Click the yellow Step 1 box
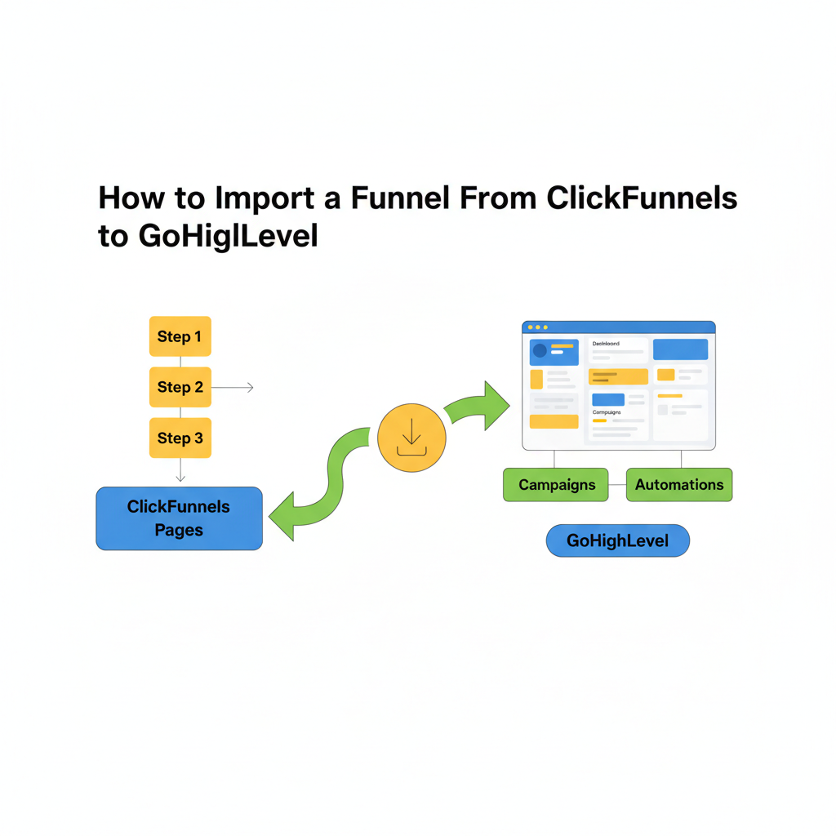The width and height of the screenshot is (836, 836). coord(180,336)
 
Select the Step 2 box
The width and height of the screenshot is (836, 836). coord(180,387)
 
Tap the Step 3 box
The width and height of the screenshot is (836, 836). coord(180,438)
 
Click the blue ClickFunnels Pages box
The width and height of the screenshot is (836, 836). coord(180,518)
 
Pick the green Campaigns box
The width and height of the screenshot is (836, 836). coord(555,485)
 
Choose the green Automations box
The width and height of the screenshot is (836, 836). coord(679,485)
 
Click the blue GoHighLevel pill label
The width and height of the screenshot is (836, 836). coord(618,540)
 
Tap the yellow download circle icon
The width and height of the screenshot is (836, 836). coord(411,437)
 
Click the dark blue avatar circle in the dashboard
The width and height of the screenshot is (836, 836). coord(540,351)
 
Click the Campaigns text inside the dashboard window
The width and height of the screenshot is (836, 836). coord(606,413)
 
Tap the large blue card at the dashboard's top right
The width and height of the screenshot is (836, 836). coord(680,349)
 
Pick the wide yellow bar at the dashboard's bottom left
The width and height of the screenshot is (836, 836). coord(554,421)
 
